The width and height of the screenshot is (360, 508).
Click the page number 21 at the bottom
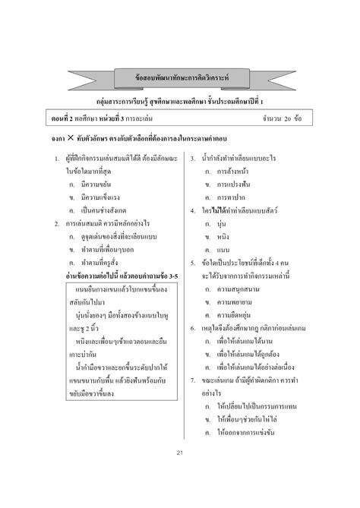[180, 475]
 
